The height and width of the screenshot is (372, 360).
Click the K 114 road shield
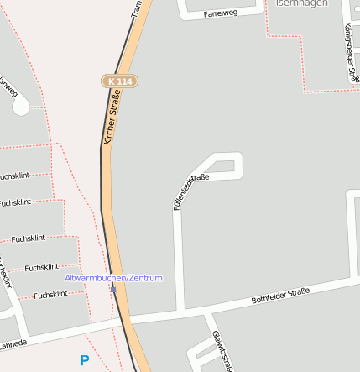tap(119, 81)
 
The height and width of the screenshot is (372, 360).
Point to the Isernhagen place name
tap(300, 3)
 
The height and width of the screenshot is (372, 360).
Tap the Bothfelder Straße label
tap(280, 296)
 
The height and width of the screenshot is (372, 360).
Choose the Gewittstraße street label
tap(222, 349)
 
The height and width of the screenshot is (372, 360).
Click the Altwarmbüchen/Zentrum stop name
tap(113, 278)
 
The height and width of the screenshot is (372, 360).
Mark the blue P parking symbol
tap(84, 360)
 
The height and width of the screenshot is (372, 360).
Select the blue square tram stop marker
tap(113, 290)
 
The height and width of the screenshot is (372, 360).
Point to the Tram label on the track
tap(137, 8)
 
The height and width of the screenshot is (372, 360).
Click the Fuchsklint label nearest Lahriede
tap(50, 295)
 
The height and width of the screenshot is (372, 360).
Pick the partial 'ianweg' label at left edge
tap(8, 87)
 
